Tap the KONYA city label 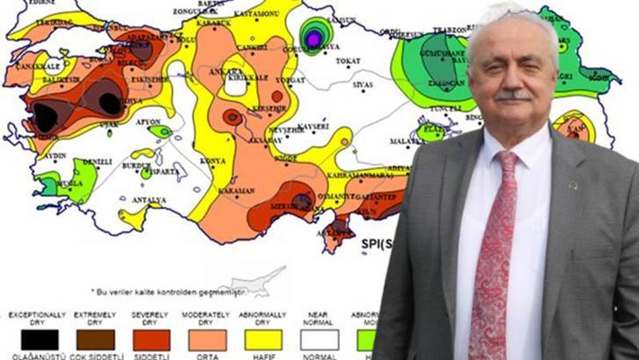point(212,161)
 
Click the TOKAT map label point(348,61)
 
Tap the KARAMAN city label point(237,191)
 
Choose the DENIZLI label point(97,162)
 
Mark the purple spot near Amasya point(312,38)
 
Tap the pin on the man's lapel point(574,185)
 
